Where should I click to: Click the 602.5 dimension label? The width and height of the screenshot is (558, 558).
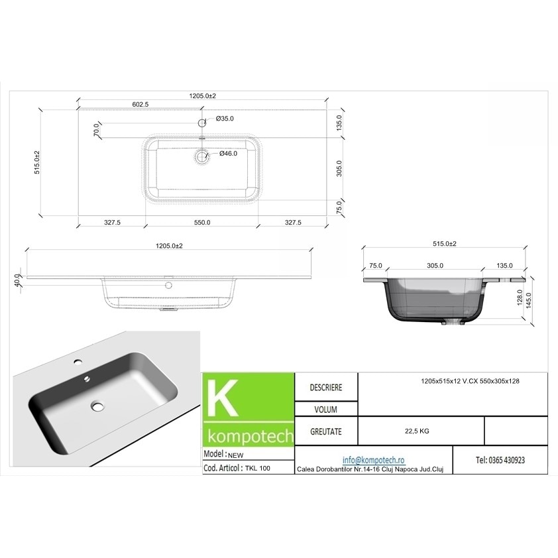pos(140,104)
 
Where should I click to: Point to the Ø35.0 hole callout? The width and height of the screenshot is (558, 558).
pos(226,119)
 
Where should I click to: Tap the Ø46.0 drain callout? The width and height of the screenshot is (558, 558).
pos(229,154)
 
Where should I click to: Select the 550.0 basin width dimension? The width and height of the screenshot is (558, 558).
pos(201,223)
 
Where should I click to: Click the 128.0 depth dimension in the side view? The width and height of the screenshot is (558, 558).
pos(520,296)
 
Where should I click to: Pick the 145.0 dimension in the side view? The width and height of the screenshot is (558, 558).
pos(529,300)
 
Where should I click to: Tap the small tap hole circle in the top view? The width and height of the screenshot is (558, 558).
pos(202,122)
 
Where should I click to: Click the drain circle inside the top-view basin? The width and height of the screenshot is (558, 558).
pos(201,156)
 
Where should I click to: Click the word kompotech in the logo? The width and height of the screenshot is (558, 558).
pos(249,437)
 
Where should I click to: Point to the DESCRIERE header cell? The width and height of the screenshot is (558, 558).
pos(326,387)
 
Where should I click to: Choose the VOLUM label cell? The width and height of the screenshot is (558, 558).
pos(326,409)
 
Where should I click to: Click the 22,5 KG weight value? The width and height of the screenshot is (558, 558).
pos(416,431)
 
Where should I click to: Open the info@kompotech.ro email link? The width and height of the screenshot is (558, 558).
pos(373,460)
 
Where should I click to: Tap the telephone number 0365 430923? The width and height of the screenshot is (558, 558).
pos(500,460)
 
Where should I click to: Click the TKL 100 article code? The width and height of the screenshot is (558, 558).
pos(260,467)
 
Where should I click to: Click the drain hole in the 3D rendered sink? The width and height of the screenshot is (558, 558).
pos(99,405)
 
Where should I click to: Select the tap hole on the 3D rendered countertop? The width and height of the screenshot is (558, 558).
pos(78,363)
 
